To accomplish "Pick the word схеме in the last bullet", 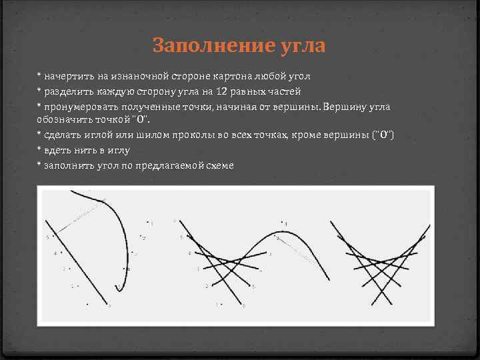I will tap(219, 165).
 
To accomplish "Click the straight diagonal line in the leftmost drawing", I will tap(77, 261).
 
